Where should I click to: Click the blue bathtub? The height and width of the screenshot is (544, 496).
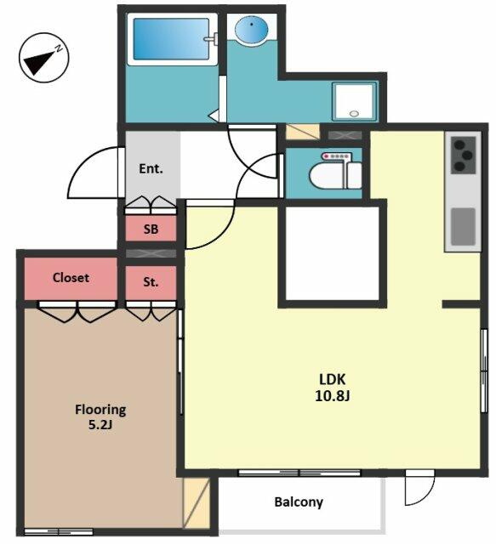[173, 39]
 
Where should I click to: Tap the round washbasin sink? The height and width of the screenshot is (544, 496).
[252, 29]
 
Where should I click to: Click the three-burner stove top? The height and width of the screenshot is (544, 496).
[464, 155]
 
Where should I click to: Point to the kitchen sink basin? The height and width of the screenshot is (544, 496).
[464, 227]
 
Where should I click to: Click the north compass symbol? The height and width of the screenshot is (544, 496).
[43, 58]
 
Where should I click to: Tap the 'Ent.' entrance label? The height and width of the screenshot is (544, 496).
[151, 169]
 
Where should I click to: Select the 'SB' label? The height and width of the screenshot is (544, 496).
[151, 229]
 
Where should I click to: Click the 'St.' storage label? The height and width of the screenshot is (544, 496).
[151, 282]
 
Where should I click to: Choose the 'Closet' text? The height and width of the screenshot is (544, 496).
[71, 278]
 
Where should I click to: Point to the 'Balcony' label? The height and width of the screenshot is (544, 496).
[299, 502]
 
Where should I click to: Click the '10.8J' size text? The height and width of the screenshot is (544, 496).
[332, 395]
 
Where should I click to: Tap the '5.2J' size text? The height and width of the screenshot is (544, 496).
[100, 425]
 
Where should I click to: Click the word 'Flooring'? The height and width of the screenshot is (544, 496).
[100, 410]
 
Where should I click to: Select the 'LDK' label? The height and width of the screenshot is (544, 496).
[333, 379]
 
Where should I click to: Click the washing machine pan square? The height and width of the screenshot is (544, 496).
[354, 101]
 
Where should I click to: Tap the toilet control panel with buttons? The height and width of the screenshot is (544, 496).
[337, 156]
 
